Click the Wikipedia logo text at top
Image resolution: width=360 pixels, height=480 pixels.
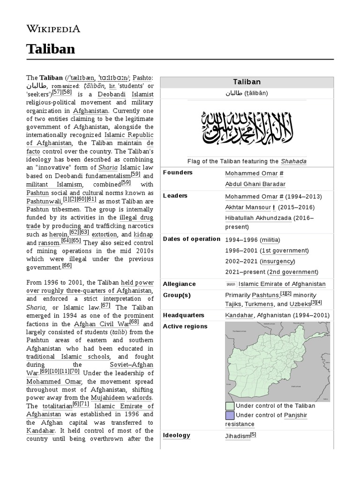(x=53, y=29)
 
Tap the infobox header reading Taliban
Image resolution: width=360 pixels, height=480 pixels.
(x=247, y=82)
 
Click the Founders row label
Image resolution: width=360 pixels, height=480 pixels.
(x=178, y=172)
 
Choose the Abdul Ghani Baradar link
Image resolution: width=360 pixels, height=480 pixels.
(x=255, y=184)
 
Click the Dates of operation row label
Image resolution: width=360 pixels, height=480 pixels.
(x=191, y=239)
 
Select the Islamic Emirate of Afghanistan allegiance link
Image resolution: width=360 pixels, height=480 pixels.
(x=282, y=284)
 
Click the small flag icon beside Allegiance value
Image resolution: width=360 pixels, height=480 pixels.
(x=231, y=284)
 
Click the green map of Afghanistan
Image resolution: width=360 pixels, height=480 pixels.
(x=277, y=361)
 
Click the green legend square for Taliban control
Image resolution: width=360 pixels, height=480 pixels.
(x=230, y=406)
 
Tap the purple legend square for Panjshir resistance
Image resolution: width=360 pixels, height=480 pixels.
(x=230, y=415)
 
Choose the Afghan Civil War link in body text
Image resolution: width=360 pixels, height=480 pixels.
(x=106, y=324)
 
